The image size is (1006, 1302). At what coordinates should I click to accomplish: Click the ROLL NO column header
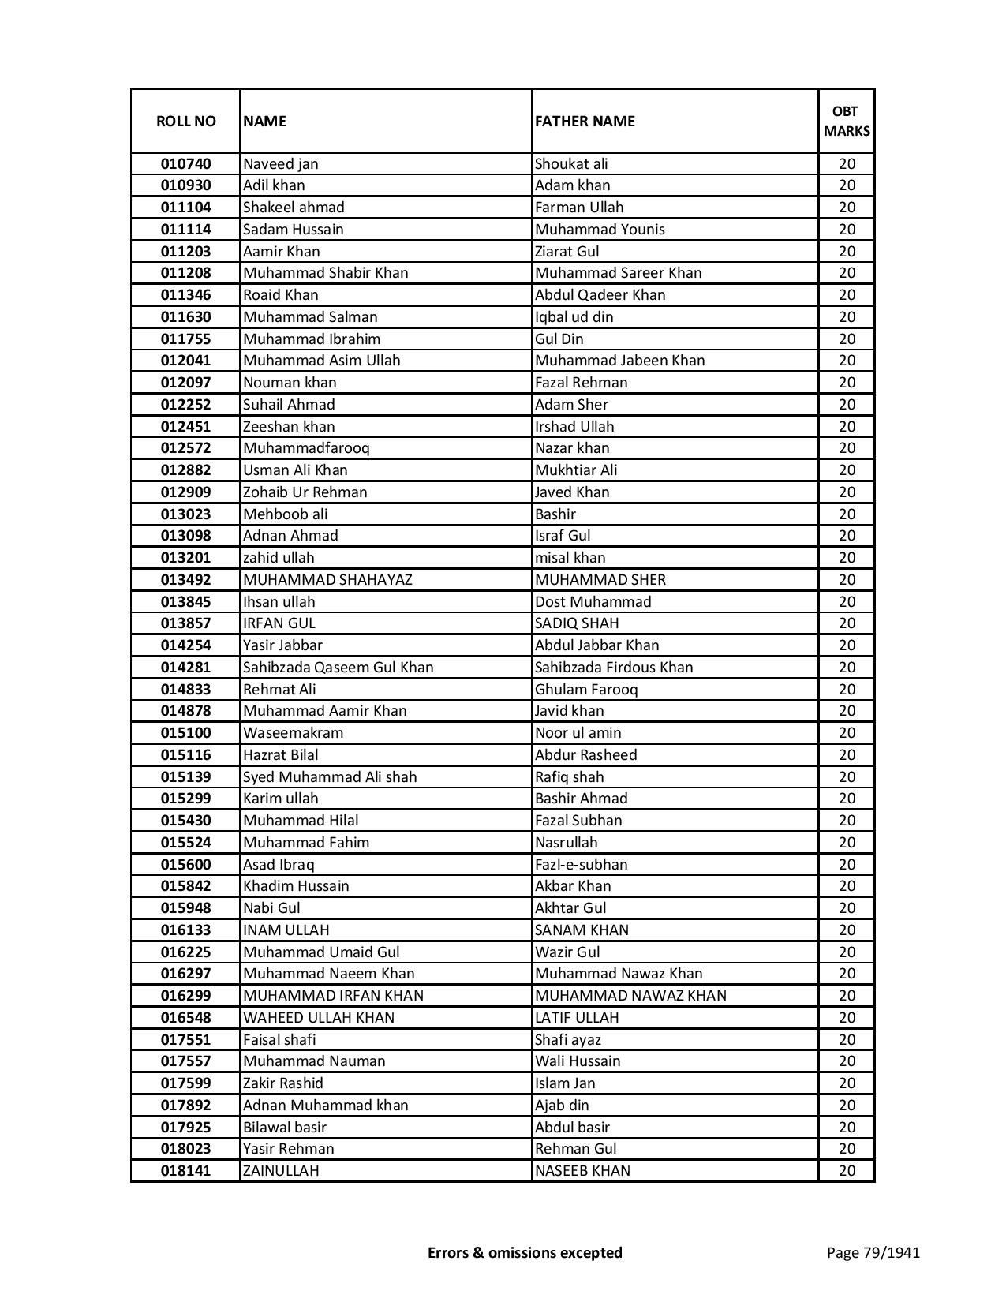click(185, 121)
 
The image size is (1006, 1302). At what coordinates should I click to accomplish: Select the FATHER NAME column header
click(585, 121)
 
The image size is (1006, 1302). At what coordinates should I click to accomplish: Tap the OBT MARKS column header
click(846, 121)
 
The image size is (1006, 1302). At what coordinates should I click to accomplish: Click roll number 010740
click(185, 164)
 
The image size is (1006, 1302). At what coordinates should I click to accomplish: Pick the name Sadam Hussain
click(293, 230)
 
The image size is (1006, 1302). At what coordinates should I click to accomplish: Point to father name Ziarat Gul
click(567, 252)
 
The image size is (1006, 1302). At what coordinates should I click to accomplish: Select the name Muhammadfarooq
click(306, 448)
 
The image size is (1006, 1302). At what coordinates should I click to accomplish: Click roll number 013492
click(185, 580)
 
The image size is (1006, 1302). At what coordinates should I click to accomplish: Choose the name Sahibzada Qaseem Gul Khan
click(338, 668)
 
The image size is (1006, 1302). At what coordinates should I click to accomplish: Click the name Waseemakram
click(293, 733)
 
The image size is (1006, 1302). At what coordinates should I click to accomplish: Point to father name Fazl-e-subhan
click(581, 865)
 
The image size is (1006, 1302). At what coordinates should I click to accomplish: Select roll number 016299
click(185, 996)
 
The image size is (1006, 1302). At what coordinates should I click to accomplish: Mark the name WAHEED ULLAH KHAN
click(318, 1018)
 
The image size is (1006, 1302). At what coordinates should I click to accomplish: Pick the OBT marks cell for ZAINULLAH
click(846, 1171)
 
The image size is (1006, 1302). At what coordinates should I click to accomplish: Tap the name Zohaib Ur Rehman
click(305, 492)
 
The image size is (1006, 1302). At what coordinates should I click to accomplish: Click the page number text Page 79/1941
click(873, 1252)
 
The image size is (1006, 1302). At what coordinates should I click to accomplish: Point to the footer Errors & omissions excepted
click(525, 1252)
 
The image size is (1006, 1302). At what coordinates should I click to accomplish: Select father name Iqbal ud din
click(574, 317)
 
